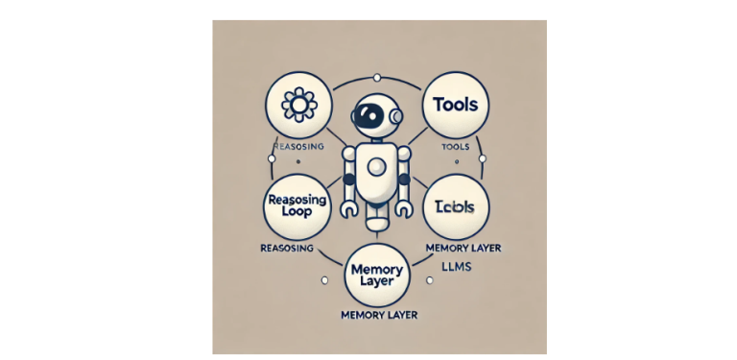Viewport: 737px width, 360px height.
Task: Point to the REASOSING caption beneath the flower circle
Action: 298,147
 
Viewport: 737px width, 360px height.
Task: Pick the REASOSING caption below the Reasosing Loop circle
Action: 289,248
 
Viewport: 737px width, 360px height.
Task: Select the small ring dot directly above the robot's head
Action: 376,77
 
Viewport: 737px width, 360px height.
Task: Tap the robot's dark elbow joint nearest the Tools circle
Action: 404,180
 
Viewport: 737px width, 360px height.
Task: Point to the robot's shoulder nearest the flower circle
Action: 351,154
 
